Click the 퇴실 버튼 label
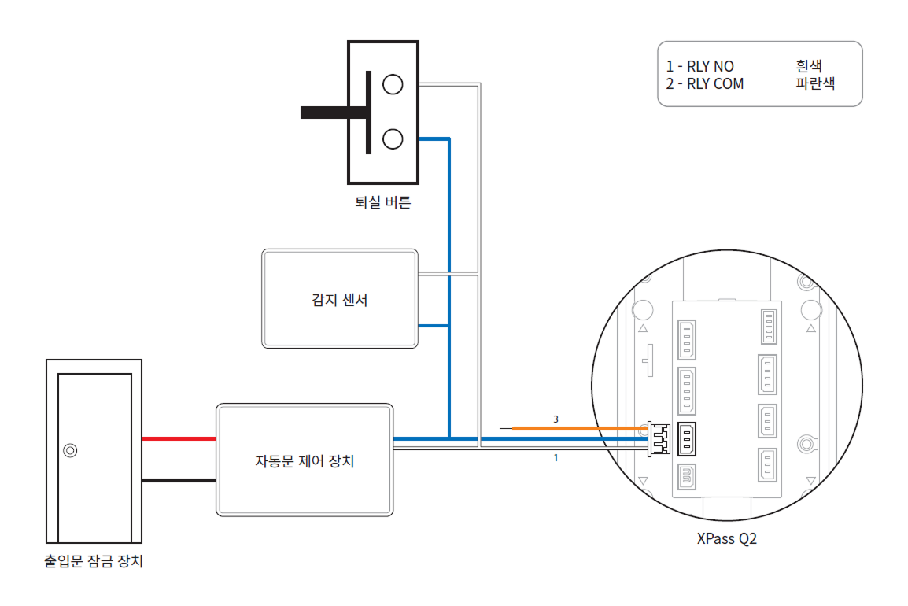(382, 203)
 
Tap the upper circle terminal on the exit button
(392, 83)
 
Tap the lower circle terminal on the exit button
(392, 139)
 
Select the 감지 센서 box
(339, 299)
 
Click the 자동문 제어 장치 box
(304, 460)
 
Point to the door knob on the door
(70, 451)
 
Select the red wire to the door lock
(179, 438)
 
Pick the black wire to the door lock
(179, 479)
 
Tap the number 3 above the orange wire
(556, 419)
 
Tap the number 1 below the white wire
(556, 456)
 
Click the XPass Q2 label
(726, 539)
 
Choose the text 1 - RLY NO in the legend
(699, 67)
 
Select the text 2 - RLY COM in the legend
(704, 83)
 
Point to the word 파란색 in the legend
(815, 83)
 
